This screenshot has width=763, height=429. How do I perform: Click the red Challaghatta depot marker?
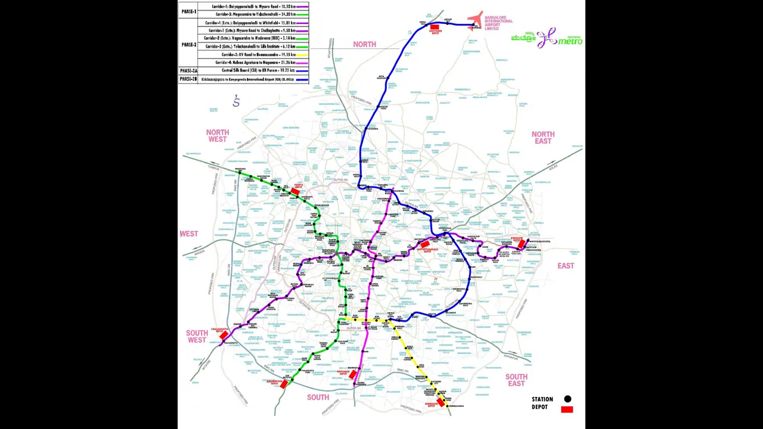(x=224, y=336)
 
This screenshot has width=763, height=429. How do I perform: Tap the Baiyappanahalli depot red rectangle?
(x=424, y=244)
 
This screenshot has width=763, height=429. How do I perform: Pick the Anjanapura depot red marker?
(x=284, y=384)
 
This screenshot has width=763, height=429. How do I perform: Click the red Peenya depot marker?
(x=294, y=192)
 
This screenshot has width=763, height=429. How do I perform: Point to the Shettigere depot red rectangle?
(x=435, y=27)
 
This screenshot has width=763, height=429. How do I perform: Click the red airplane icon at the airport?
(x=475, y=21)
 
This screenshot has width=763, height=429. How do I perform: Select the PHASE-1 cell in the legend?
(x=188, y=11)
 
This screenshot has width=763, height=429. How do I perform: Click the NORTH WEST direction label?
(x=218, y=136)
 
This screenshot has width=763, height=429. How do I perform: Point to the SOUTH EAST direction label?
(x=516, y=380)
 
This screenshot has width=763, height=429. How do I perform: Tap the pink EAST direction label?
(x=566, y=266)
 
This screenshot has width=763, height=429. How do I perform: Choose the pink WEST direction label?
(x=189, y=234)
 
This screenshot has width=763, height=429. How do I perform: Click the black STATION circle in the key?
(x=567, y=399)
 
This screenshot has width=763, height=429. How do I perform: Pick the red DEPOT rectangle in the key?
(x=567, y=409)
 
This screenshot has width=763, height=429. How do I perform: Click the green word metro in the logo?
(x=570, y=41)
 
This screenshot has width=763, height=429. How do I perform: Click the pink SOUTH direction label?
(x=318, y=397)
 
